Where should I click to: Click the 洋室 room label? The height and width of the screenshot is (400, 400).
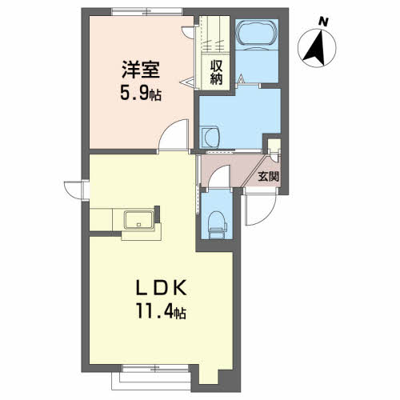(x=141, y=70)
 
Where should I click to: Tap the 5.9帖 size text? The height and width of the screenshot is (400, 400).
(x=141, y=94)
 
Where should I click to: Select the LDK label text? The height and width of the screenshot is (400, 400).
(x=161, y=288)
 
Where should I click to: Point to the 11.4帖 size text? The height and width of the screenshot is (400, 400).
(x=161, y=311)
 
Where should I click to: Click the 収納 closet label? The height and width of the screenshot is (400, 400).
(x=216, y=72)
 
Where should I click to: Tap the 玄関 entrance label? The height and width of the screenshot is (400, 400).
(x=268, y=176)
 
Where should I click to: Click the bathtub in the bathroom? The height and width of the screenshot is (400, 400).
(x=257, y=34)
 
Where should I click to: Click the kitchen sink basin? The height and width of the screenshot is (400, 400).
(x=139, y=219)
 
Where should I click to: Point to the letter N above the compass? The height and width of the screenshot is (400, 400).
(x=323, y=22)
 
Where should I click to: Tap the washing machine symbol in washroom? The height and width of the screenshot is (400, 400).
(x=210, y=137)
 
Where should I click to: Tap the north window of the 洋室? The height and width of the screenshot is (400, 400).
(x=147, y=12)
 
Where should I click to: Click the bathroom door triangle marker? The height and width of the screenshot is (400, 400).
(x=242, y=78)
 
